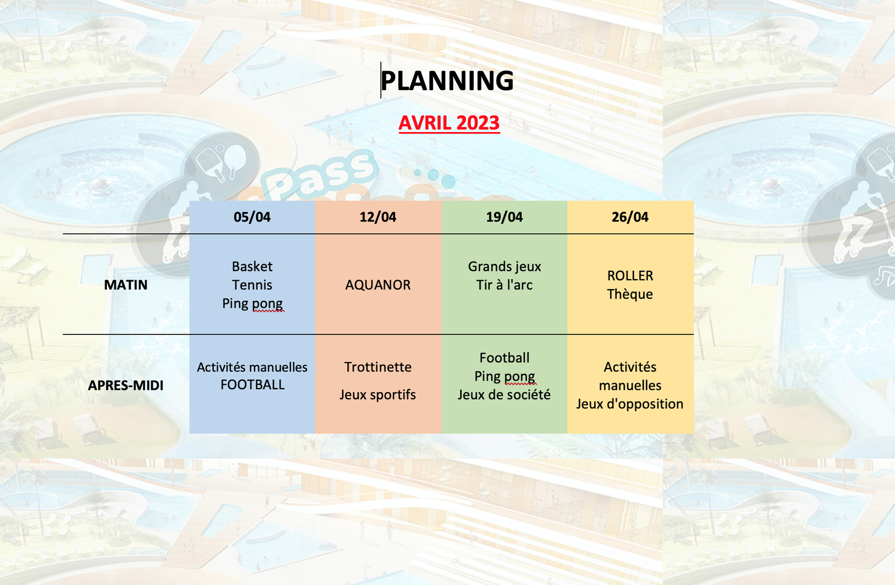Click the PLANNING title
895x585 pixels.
[447, 81]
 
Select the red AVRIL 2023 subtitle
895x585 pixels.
[449, 123]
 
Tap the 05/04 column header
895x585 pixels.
[252, 217]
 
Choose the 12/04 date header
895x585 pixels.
[378, 217]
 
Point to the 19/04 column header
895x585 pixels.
[504, 217]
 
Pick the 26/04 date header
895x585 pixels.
[630, 217]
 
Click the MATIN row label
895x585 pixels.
[126, 285]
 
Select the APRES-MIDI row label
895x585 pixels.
[126, 385]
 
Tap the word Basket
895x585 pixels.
[252, 267]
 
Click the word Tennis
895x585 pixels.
[252, 285]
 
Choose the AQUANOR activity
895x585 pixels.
[378, 285]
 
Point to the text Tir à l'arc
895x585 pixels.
[504, 285]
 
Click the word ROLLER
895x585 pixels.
[630, 276]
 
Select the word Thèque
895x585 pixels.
[630, 294]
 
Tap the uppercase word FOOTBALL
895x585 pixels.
[252, 385]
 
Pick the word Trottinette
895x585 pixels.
[378, 367]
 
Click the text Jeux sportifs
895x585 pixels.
[378, 395]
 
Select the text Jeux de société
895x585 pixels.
[504, 395]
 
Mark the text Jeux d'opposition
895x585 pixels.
[630, 404]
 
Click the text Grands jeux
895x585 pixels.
[504, 267]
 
